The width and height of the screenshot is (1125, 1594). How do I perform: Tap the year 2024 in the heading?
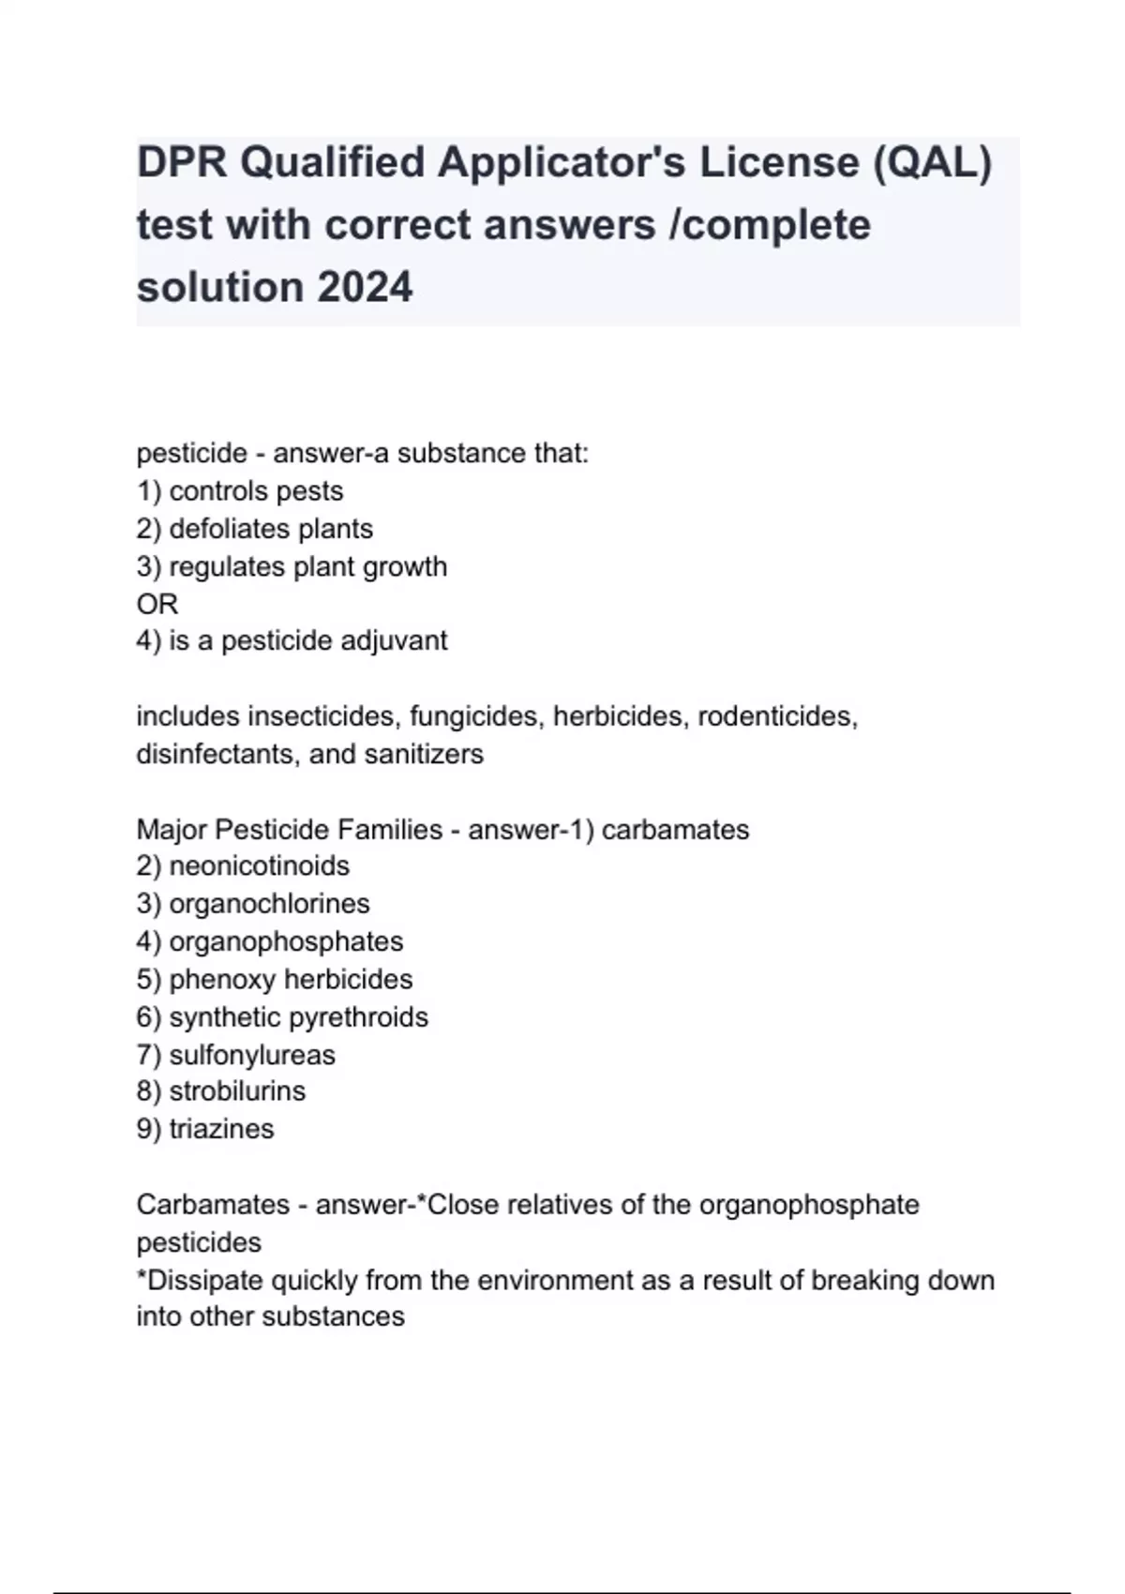(365, 287)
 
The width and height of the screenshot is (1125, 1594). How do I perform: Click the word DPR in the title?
(182, 163)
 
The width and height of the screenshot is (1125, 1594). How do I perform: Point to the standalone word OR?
(157, 604)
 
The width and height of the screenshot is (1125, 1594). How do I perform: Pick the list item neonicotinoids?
(260, 865)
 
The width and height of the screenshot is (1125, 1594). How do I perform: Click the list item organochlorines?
(270, 904)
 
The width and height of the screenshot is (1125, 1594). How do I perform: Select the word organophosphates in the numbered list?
(286, 941)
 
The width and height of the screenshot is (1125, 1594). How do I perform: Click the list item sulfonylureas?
(252, 1055)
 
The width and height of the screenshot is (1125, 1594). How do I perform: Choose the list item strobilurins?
(237, 1091)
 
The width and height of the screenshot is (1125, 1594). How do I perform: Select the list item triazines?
(221, 1129)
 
